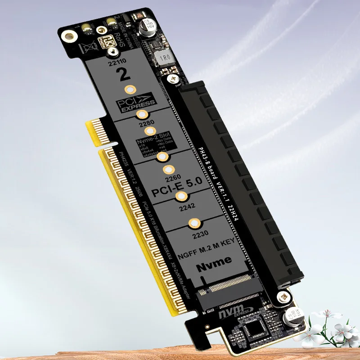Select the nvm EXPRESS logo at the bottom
[234, 312]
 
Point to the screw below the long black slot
[283, 296]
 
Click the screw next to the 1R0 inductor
[172, 79]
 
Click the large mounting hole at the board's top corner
[68, 36]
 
